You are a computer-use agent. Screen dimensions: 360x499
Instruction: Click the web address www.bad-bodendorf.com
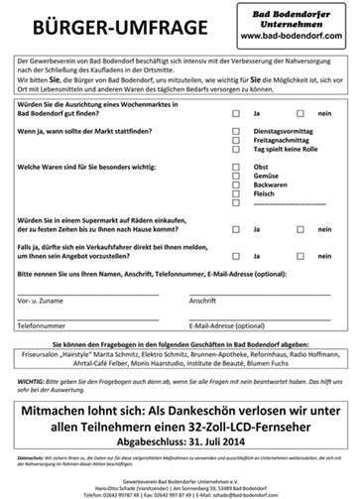tap(292, 37)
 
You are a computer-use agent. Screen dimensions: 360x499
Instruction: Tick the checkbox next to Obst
tap(236, 167)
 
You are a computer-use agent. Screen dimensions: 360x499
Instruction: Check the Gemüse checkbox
tap(236, 176)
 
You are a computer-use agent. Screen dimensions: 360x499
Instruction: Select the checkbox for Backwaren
tap(236, 185)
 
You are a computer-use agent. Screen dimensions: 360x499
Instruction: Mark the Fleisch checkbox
tap(236, 193)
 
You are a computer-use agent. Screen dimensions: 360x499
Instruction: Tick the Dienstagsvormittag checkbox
tap(236, 131)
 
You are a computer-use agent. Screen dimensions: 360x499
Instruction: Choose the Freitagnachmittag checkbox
tap(236, 140)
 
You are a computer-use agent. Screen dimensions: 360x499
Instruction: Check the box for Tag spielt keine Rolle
tap(236, 149)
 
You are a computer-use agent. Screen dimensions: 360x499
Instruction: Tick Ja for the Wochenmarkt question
tap(236, 113)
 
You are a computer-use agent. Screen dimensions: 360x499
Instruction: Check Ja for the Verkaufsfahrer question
tap(236, 256)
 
